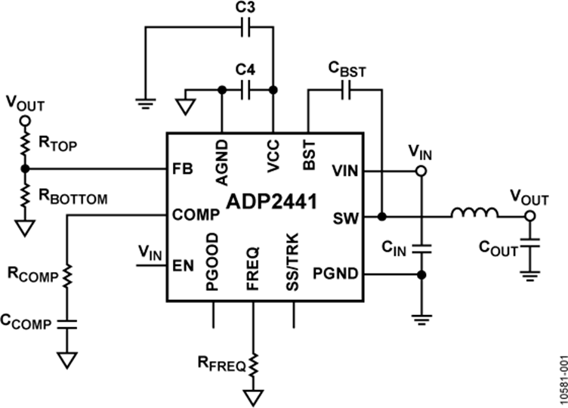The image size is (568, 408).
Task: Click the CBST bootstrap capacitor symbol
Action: tap(347, 90)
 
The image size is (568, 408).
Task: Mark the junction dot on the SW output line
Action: tap(382, 216)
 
